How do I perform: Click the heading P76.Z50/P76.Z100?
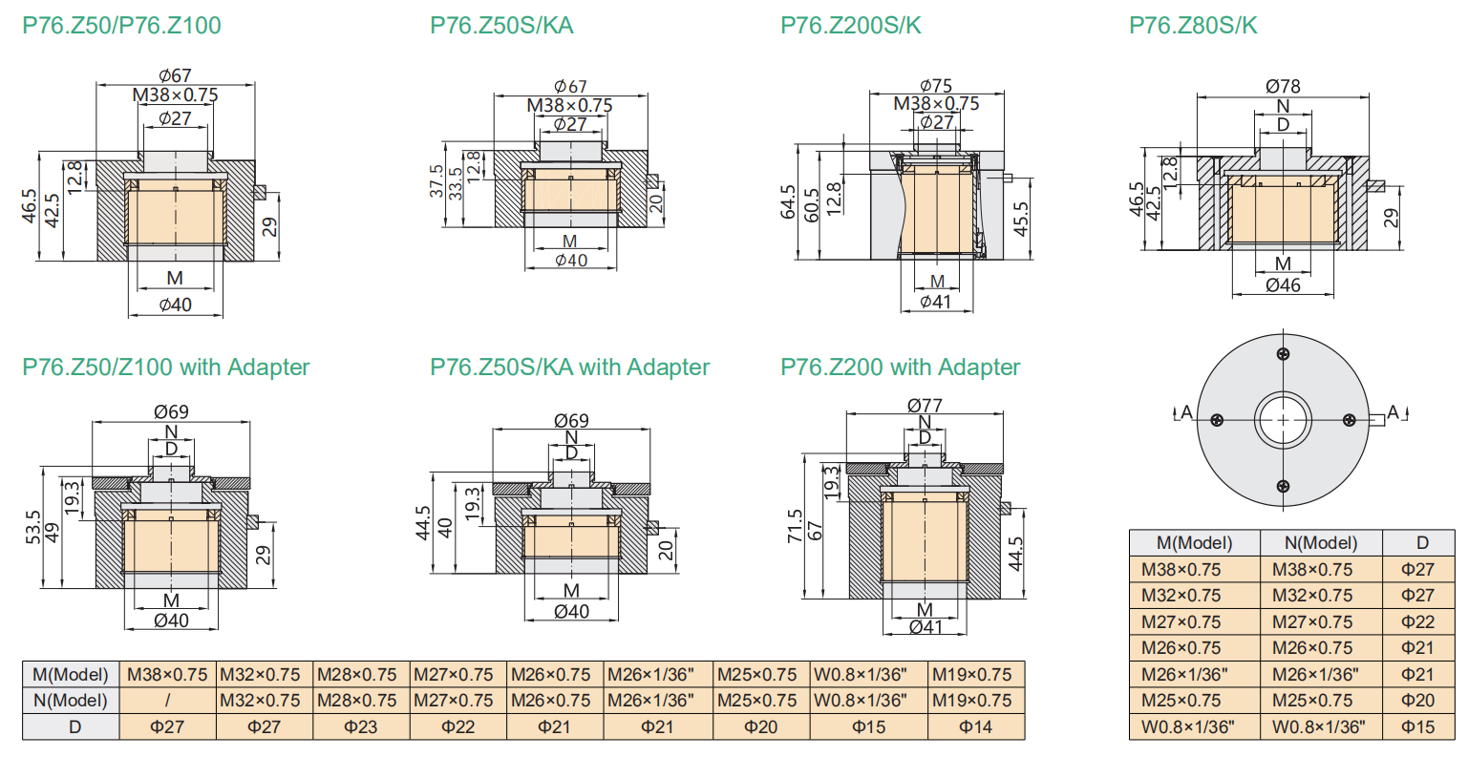[x=121, y=25]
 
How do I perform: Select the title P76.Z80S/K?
[x=1193, y=25]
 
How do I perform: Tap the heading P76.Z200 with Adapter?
[x=900, y=368]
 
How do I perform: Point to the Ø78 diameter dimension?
[x=1283, y=86]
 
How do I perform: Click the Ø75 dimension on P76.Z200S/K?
[x=936, y=86]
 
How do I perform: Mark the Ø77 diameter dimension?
[x=925, y=405]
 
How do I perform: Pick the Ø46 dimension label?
[x=1283, y=284]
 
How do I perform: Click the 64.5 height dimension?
[x=788, y=202]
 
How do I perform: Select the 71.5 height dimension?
[x=795, y=527]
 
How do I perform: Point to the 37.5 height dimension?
[x=436, y=181]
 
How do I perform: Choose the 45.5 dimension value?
[x=1021, y=220]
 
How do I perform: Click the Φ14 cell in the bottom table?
[x=975, y=726]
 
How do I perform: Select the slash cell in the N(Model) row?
[x=167, y=701]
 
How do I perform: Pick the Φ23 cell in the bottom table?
[x=361, y=726]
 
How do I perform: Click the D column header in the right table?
[x=1422, y=543]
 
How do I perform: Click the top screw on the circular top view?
[x=1283, y=354]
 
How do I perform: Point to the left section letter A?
[x=1186, y=412]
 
